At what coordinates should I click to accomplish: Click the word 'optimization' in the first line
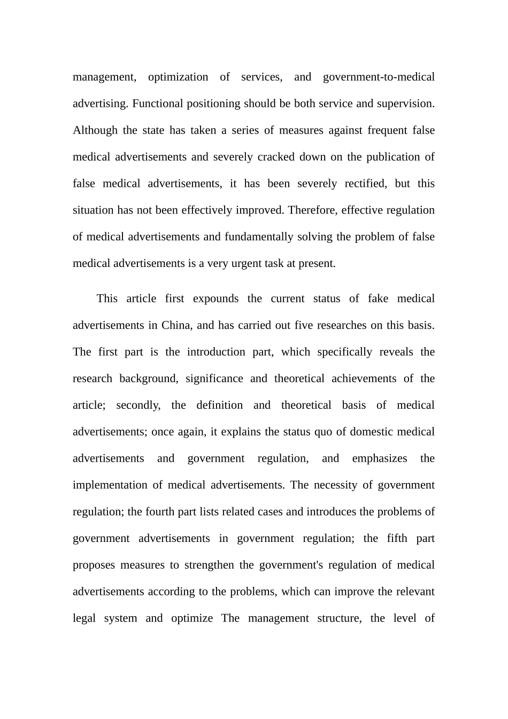[178, 77]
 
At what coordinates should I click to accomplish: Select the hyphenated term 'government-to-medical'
[379, 77]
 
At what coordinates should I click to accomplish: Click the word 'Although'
[95, 131]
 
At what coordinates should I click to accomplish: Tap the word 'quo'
[323, 432]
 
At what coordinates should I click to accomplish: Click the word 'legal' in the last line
[84, 618]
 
